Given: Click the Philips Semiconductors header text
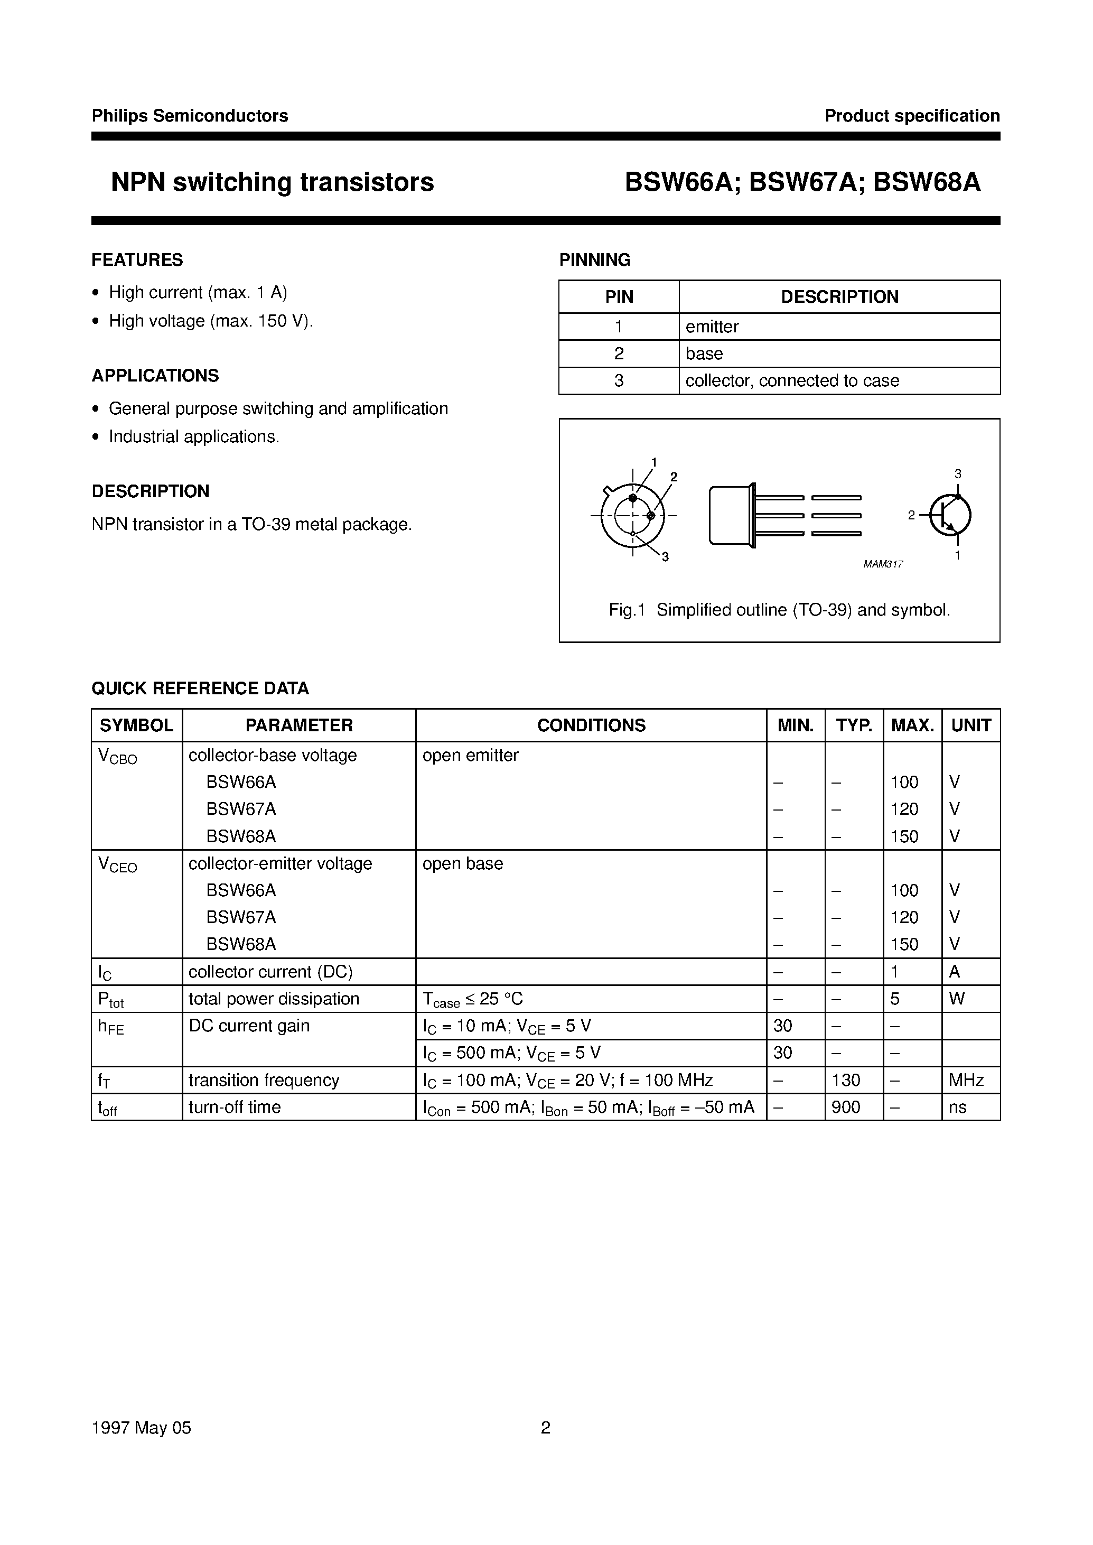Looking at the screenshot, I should coord(190,116).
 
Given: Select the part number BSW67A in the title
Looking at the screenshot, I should coord(804,182).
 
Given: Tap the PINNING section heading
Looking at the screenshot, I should coord(594,260).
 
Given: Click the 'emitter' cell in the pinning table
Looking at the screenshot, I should coord(712,327).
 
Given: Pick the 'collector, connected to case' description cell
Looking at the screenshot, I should coord(792,380).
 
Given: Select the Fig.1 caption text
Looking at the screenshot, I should coord(779,610).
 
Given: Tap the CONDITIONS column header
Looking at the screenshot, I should coord(591,725).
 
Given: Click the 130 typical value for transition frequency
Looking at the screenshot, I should coord(846,1080).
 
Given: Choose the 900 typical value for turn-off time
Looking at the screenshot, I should coord(846,1107).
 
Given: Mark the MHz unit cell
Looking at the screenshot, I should coord(966,1080).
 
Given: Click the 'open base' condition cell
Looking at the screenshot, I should coord(462,863).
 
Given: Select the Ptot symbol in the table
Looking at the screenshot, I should coord(111,1000).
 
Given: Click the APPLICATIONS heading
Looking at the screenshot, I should coord(155,376).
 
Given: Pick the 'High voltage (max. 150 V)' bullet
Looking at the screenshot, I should coord(211,321).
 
